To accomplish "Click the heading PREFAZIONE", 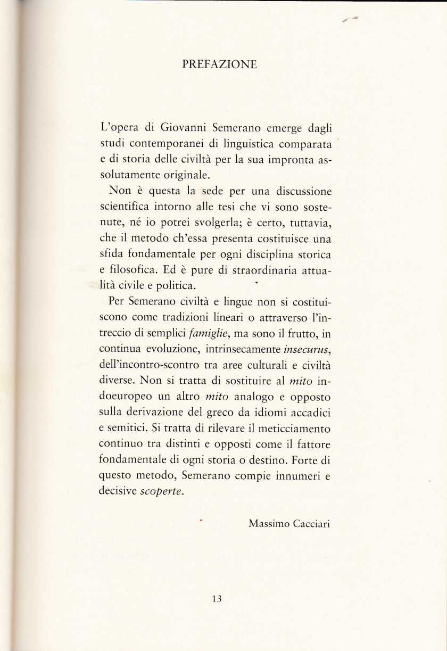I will click(219, 65).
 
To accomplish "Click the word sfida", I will click(111, 252).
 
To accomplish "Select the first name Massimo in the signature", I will click(268, 523).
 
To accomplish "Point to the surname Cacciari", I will click(311, 523).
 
